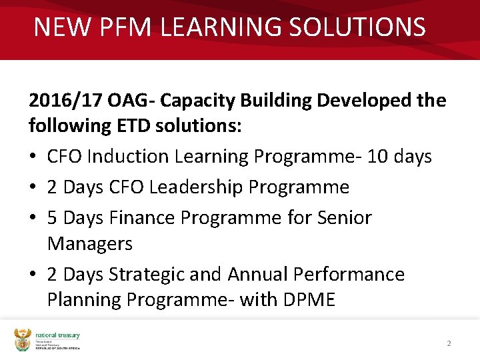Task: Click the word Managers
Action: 90,244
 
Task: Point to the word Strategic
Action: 147,275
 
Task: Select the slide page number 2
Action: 449,343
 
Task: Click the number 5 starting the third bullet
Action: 53,218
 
